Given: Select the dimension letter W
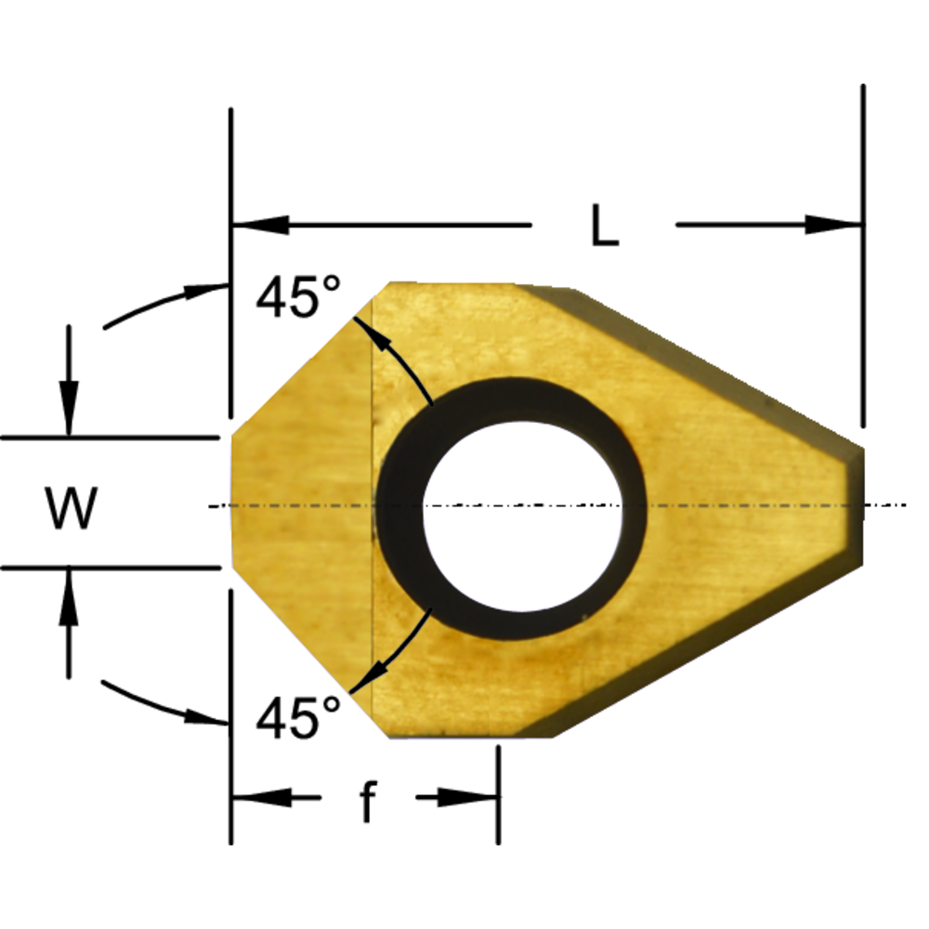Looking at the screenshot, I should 72,509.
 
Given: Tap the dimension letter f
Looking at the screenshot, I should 368,802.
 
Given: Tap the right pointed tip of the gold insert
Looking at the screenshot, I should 859,506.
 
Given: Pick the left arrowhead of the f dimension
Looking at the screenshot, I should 260,798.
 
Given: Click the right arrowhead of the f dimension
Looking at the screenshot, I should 469,798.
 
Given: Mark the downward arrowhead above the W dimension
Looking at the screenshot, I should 68,413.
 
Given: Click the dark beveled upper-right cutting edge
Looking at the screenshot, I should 706,362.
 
